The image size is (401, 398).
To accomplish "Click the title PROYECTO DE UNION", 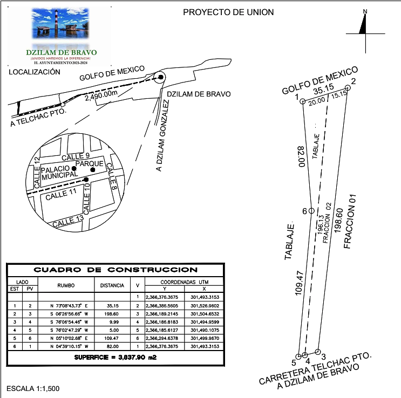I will [228, 12].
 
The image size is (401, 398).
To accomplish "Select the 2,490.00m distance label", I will [101, 94].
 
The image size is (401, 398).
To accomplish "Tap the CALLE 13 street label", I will [69, 221].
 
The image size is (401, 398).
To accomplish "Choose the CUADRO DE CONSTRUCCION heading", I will [115, 270].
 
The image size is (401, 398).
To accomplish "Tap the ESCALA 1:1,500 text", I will [32, 388].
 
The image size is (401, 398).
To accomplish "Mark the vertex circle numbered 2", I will [348, 88].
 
